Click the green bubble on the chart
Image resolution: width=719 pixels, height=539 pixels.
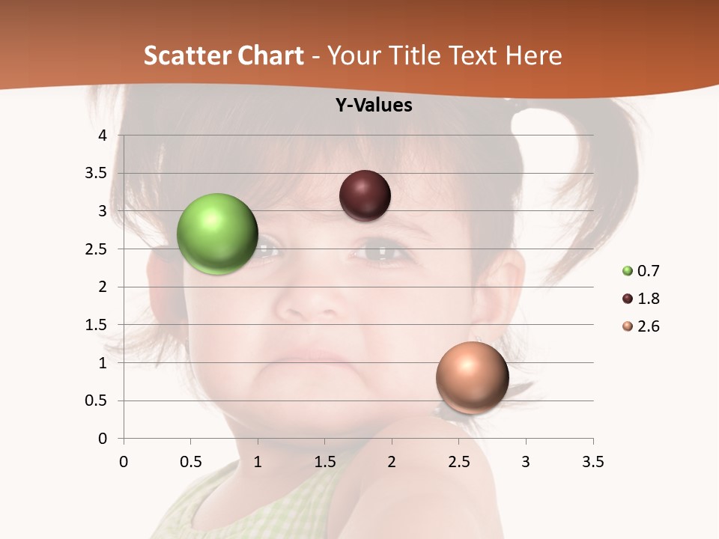coord(217,234)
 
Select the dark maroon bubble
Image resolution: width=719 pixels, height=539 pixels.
coord(365,195)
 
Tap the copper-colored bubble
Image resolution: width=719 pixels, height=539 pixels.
coord(472,377)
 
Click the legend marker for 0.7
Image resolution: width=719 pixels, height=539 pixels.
coord(628,271)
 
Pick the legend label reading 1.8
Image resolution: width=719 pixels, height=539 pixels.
coord(648,299)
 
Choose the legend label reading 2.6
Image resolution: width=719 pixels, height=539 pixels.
coord(648,326)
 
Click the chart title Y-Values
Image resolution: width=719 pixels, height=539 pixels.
coord(373,106)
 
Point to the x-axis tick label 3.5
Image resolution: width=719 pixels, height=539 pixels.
coord(592,462)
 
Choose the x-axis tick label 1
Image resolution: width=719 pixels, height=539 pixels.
coord(258,462)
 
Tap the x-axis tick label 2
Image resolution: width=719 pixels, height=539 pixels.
coord(392,462)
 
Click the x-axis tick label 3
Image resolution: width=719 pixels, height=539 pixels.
coord(526,462)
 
